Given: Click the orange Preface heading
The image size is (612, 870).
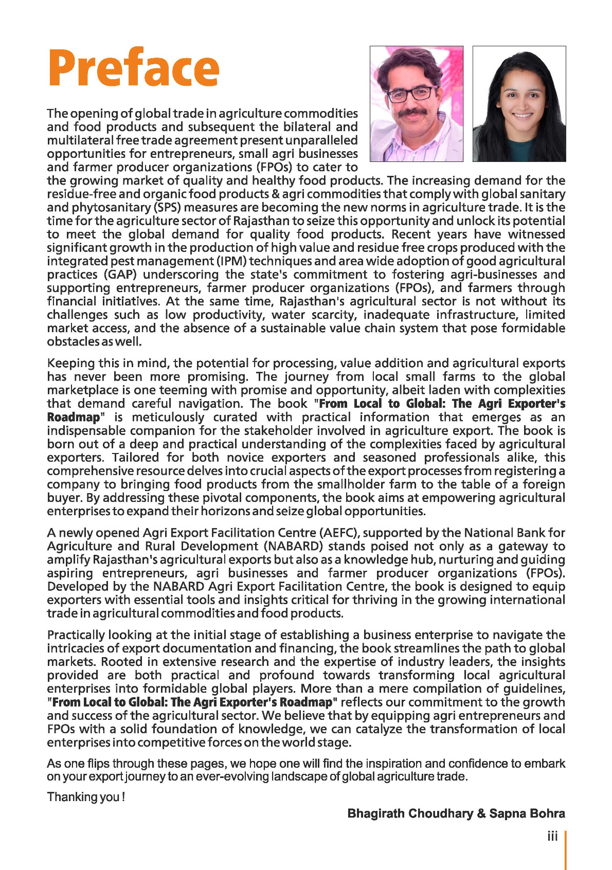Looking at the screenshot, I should click(134, 68).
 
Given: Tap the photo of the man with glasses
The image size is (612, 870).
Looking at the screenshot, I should click(417, 104).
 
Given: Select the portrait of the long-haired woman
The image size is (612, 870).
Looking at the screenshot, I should click(519, 104).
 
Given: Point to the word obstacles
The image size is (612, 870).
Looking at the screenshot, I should click(67, 341).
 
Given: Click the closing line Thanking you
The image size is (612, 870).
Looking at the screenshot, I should click(86, 797).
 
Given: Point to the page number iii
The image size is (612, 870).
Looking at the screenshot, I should click(552, 837).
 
